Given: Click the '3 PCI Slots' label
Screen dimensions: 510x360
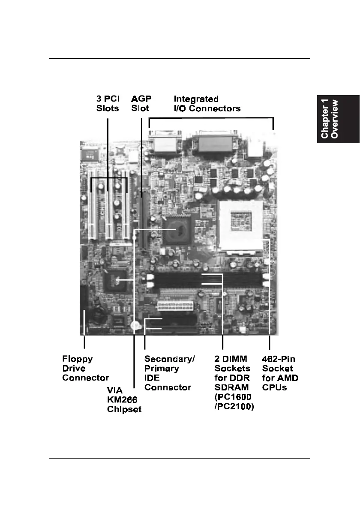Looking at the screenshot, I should pyautogui.click(x=108, y=104).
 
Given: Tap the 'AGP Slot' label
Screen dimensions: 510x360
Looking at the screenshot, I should pyautogui.click(x=141, y=104).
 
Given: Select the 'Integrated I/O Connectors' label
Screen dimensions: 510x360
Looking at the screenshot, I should pyautogui.click(x=207, y=104).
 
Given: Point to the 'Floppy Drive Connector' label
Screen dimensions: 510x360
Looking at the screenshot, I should pyautogui.click(x=86, y=368).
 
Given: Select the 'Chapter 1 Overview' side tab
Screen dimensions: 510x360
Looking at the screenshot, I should pyautogui.click(x=336, y=119).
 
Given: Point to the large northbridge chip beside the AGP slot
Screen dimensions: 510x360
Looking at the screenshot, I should pyautogui.click(x=177, y=230).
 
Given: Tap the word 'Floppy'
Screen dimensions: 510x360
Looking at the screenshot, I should pyautogui.click(x=78, y=359).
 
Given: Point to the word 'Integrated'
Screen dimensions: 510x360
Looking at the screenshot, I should pyautogui.click(x=196, y=99).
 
